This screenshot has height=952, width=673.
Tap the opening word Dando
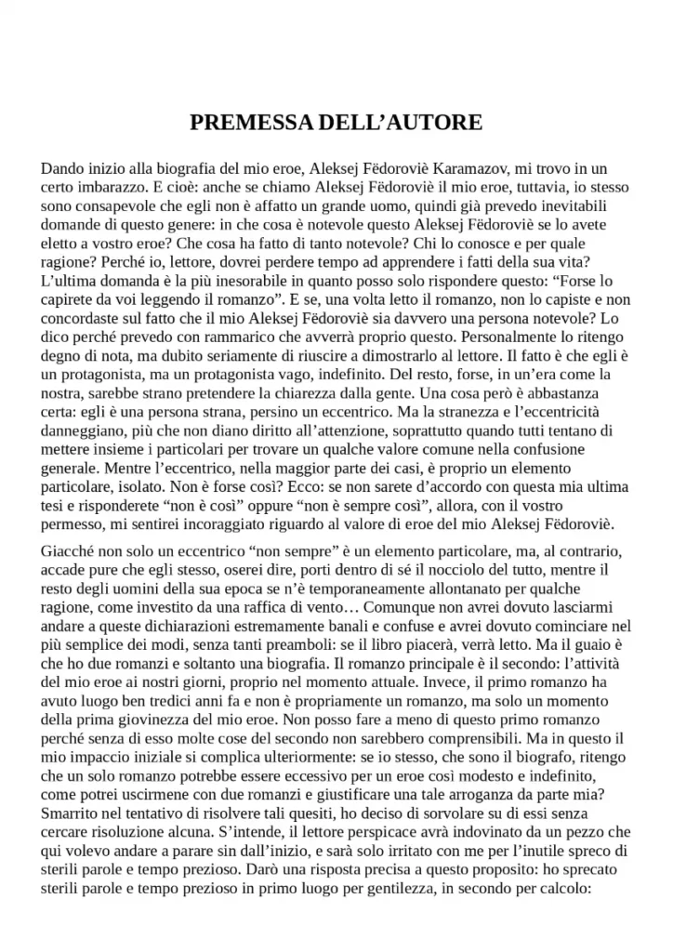click(63, 169)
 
